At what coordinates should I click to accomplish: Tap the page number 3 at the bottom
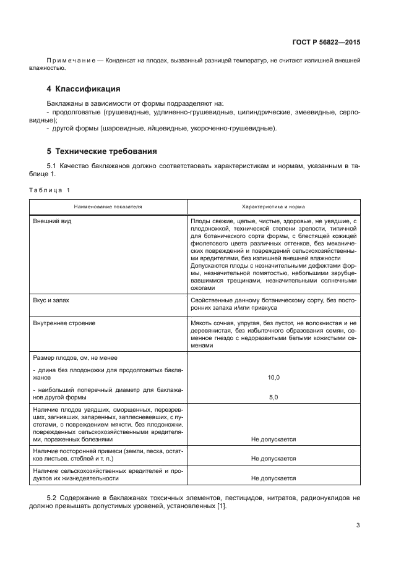(358, 526)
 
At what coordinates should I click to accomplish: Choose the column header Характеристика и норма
(273, 206)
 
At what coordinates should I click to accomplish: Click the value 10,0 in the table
(273, 376)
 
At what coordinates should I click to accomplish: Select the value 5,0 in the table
(273, 397)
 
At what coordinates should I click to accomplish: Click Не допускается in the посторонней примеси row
(273, 459)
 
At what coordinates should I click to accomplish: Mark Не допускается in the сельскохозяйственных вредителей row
(273, 478)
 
